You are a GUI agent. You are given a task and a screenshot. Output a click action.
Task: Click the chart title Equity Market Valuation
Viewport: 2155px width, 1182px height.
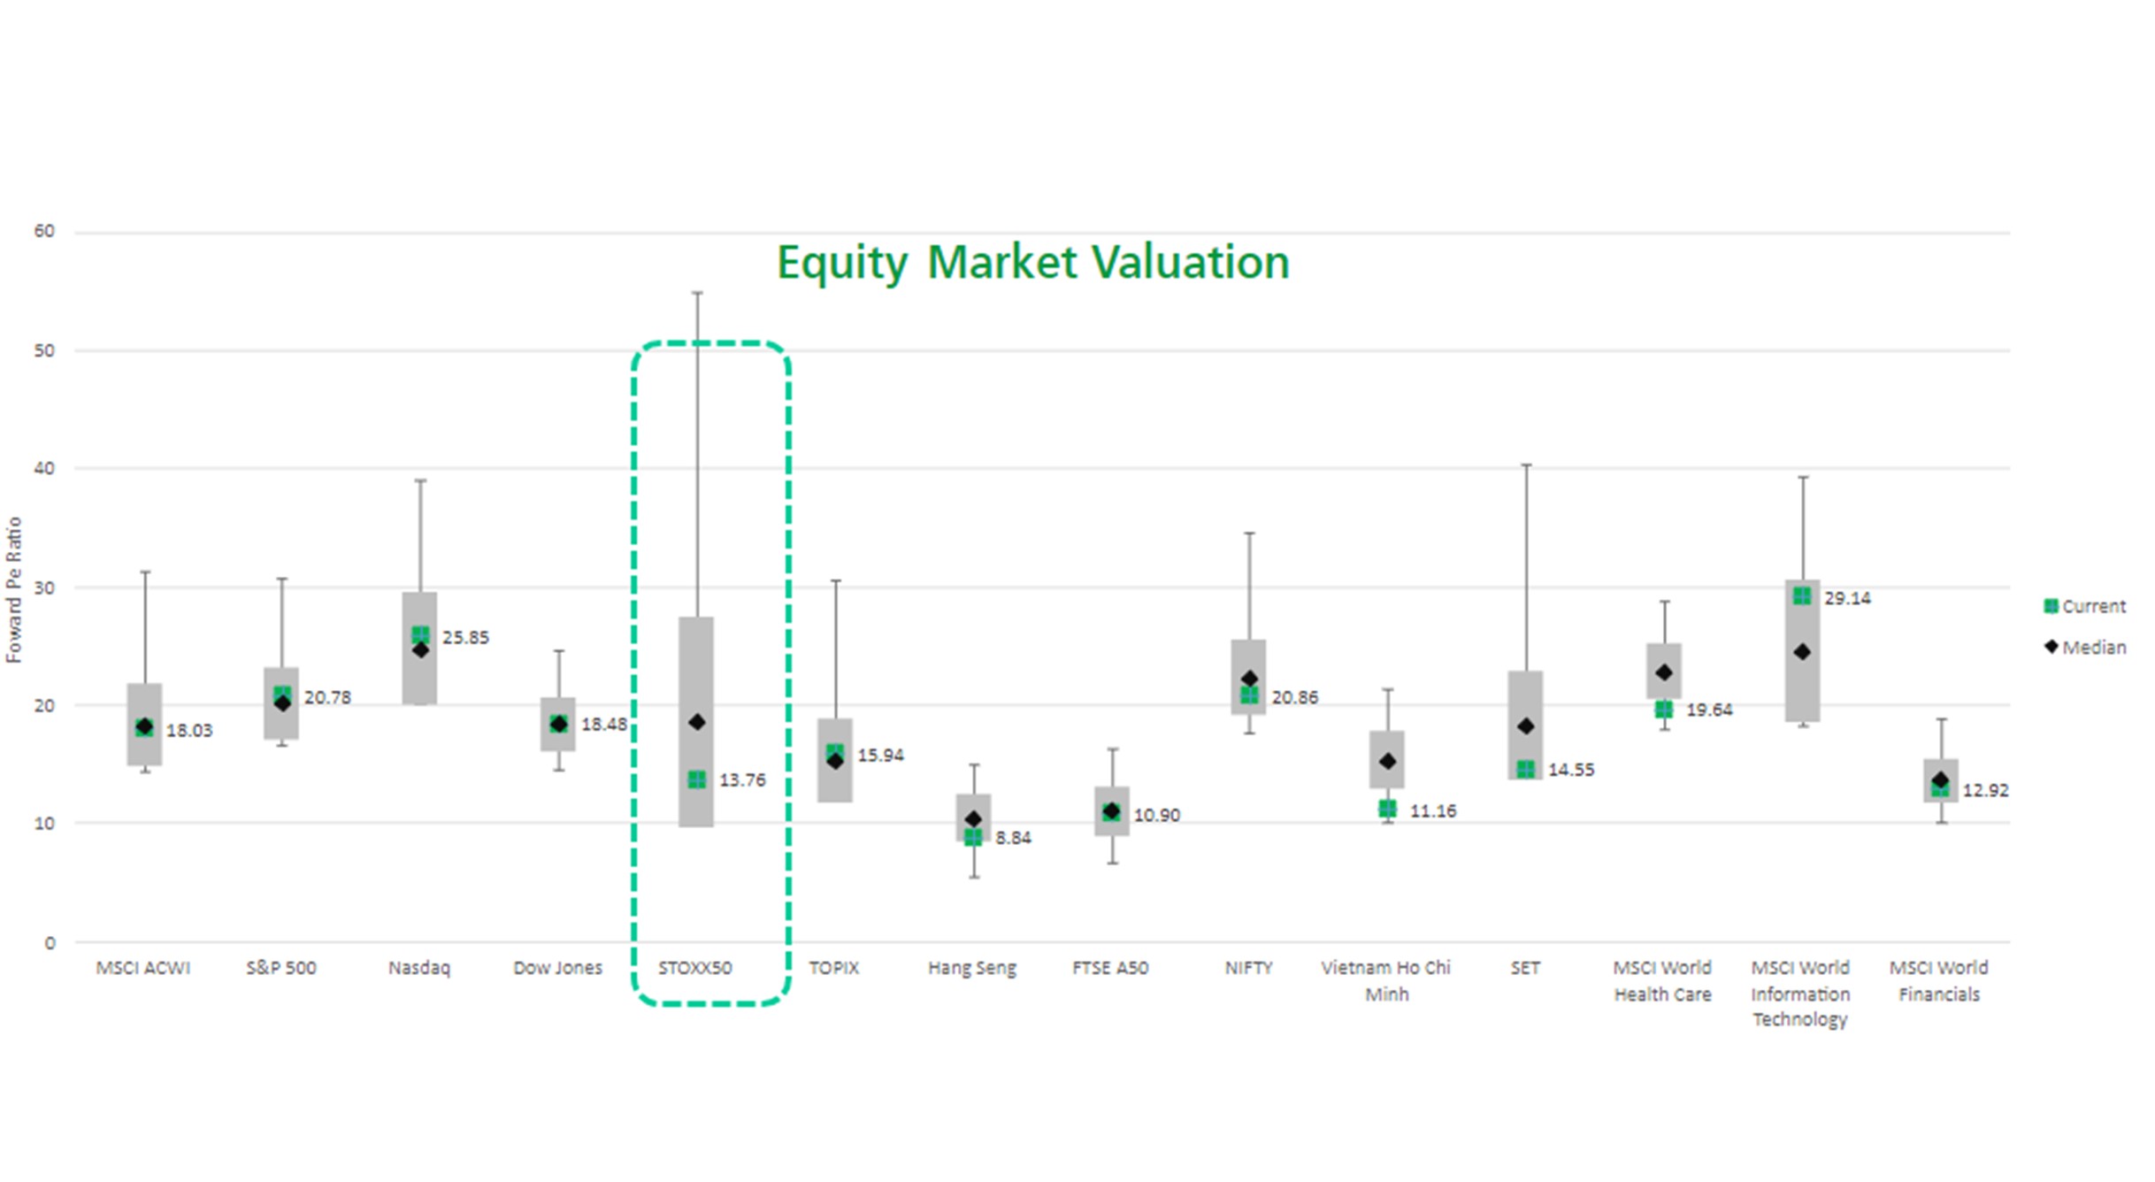(x=1032, y=263)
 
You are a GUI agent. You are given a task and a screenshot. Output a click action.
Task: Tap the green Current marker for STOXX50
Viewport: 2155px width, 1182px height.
(x=697, y=779)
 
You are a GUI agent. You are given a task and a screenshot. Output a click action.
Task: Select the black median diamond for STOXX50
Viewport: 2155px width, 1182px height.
(x=697, y=723)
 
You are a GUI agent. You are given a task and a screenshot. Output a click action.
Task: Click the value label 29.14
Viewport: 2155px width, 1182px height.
(x=1847, y=598)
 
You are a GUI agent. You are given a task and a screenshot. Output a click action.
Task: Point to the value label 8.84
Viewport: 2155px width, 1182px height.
(x=1013, y=838)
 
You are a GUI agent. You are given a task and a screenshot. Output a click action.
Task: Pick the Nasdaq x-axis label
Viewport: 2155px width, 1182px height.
(x=419, y=968)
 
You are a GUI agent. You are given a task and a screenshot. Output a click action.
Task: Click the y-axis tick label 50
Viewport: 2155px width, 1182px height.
(x=44, y=350)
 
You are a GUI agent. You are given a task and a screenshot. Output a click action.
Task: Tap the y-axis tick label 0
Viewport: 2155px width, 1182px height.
(x=50, y=943)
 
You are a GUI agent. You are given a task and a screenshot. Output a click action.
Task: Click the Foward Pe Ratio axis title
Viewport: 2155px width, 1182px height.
(x=14, y=590)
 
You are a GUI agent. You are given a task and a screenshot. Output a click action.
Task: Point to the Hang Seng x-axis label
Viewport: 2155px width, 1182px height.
(x=972, y=968)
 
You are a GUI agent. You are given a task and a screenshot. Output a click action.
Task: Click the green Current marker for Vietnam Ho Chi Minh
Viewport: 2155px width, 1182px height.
(x=1387, y=809)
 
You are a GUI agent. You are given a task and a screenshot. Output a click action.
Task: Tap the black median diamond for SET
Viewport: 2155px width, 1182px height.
(x=1526, y=726)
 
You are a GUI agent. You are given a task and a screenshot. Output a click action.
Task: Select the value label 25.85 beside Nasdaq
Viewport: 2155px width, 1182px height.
(x=465, y=638)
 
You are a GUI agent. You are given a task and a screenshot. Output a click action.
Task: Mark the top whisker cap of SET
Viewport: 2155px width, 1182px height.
(x=1526, y=465)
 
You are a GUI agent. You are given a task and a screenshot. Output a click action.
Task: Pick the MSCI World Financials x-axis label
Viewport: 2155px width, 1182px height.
(x=1938, y=980)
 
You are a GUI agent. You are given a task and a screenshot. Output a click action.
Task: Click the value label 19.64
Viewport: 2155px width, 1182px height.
(x=1709, y=710)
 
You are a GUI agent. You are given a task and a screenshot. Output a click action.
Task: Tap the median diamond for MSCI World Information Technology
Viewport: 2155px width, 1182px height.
(x=1802, y=652)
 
